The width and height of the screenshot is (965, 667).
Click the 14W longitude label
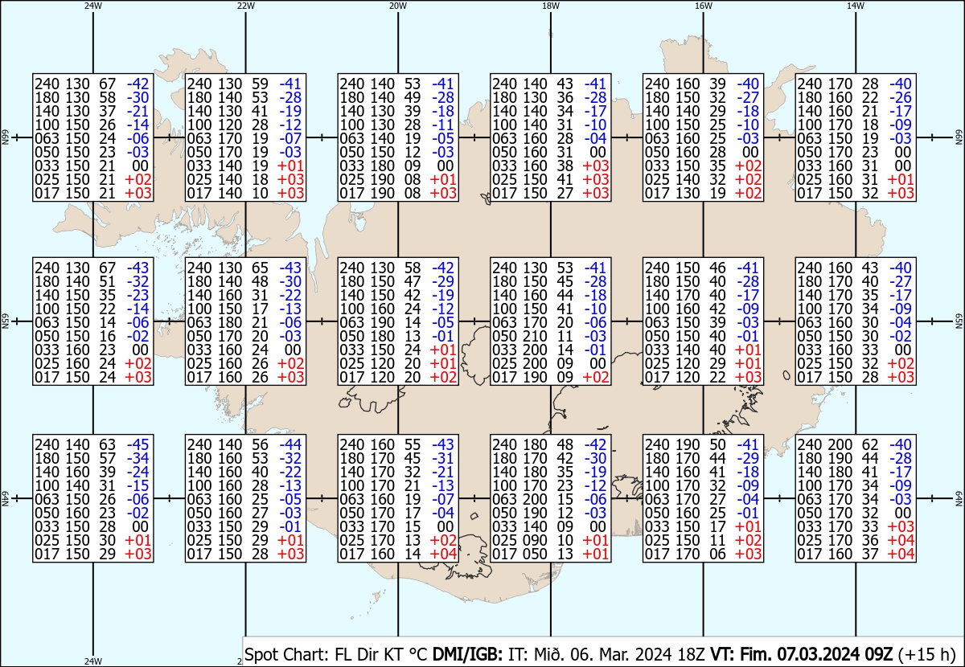pos(856,6)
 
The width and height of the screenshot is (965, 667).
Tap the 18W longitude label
pos(551,6)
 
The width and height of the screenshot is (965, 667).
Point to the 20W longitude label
pos(398,6)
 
